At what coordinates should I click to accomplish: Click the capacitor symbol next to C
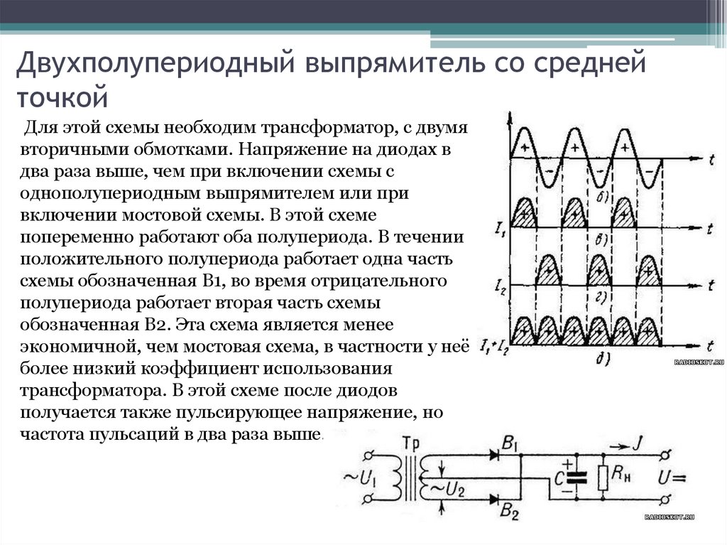coord(579,477)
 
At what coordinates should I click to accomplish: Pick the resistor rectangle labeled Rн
coord(603,477)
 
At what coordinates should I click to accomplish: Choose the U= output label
coord(672,477)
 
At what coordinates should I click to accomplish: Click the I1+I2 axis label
coord(494,347)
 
